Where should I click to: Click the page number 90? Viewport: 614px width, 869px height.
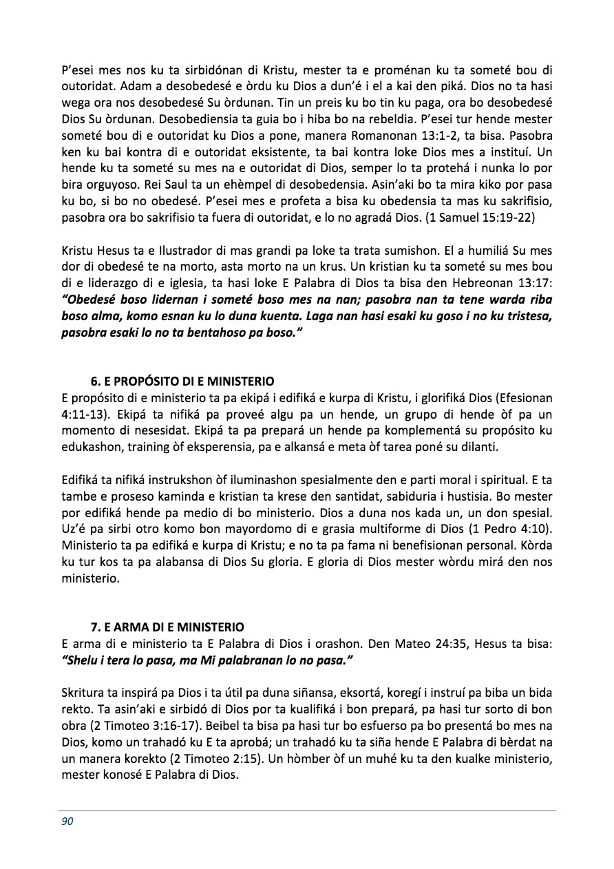pos(67,821)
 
